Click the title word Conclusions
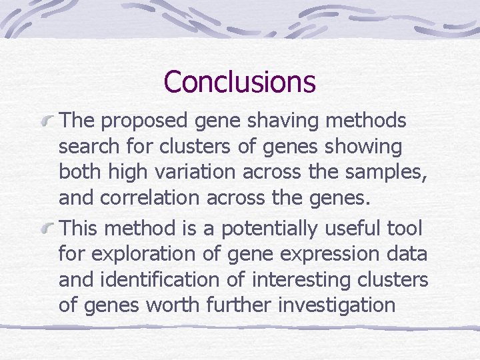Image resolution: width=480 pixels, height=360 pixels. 239,81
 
